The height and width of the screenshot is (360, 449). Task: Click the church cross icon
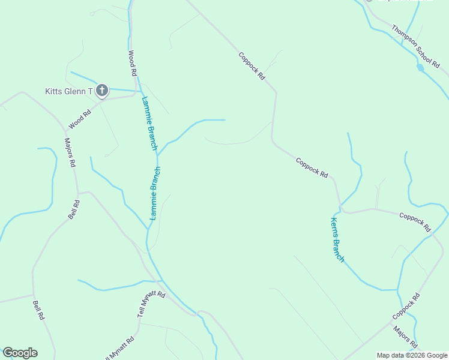[x=102, y=91]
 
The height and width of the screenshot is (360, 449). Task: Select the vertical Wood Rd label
[x=133, y=63]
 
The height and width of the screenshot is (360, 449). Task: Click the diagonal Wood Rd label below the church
[x=79, y=119]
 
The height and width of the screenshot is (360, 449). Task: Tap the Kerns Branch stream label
[x=337, y=239]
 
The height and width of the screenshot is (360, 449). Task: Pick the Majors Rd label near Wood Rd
[x=70, y=152]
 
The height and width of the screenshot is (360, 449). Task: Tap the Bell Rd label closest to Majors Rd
[x=74, y=209]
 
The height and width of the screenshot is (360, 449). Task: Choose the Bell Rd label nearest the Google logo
[x=38, y=310]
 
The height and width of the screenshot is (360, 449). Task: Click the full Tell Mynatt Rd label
[x=151, y=303]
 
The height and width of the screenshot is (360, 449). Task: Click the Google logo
[x=20, y=353]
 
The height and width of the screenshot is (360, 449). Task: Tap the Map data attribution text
[x=412, y=355]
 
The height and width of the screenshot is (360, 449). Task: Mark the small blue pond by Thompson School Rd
[x=420, y=68]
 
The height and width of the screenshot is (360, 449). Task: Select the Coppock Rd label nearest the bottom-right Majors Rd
[x=406, y=305]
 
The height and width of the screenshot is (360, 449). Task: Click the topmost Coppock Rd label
[x=252, y=66]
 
